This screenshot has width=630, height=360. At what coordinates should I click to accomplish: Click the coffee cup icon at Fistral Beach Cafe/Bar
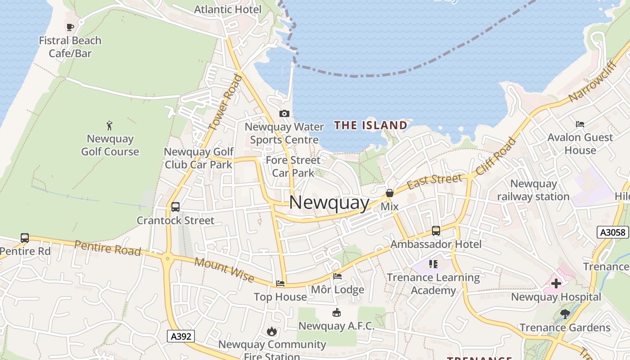[70, 27]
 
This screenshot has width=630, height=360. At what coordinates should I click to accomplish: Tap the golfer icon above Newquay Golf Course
[109, 126]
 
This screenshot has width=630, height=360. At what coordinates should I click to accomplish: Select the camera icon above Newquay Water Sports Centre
[284, 114]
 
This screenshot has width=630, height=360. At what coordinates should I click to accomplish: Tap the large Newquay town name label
[329, 202]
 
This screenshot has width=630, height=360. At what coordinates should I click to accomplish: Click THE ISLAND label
[371, 126]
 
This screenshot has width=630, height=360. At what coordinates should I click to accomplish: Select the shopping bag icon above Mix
[390, 193]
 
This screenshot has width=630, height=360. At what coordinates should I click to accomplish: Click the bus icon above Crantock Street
[175, 207]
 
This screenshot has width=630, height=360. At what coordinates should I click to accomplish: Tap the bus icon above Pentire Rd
[25, 238]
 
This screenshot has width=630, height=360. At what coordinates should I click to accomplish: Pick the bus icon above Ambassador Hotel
[436, 231]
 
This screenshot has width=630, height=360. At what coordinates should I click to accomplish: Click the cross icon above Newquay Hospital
[556, 283]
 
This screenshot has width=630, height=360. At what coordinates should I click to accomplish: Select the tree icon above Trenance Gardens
[565, 314]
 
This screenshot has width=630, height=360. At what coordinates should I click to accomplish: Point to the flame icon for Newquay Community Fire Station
[271, 332]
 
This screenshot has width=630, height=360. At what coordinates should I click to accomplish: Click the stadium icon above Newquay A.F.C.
[336, 312]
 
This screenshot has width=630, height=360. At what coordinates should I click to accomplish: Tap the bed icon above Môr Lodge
[337, 276]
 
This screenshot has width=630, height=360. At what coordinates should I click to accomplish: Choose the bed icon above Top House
[280, 283]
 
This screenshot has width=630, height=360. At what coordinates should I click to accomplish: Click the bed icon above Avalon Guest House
[580, 124]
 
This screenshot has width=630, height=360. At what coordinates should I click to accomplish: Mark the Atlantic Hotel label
[228, 9]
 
